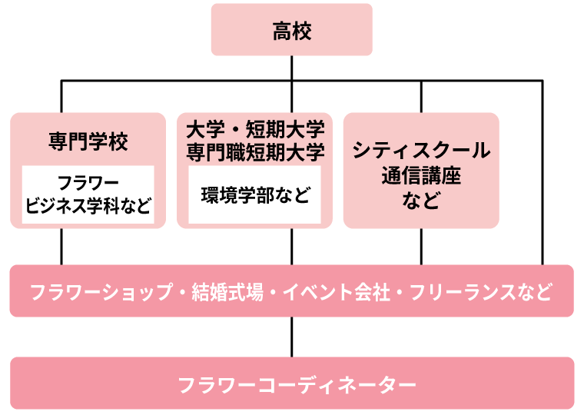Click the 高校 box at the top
291,30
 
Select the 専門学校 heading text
88,142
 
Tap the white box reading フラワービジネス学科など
88,194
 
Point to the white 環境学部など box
255,194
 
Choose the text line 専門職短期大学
255,151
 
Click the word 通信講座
421,176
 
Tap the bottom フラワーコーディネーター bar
291,383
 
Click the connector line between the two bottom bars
291,337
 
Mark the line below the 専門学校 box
61,247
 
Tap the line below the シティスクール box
421,247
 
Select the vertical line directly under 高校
291,68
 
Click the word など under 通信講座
421,201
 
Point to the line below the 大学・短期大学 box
291,247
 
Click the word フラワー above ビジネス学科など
88,183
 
